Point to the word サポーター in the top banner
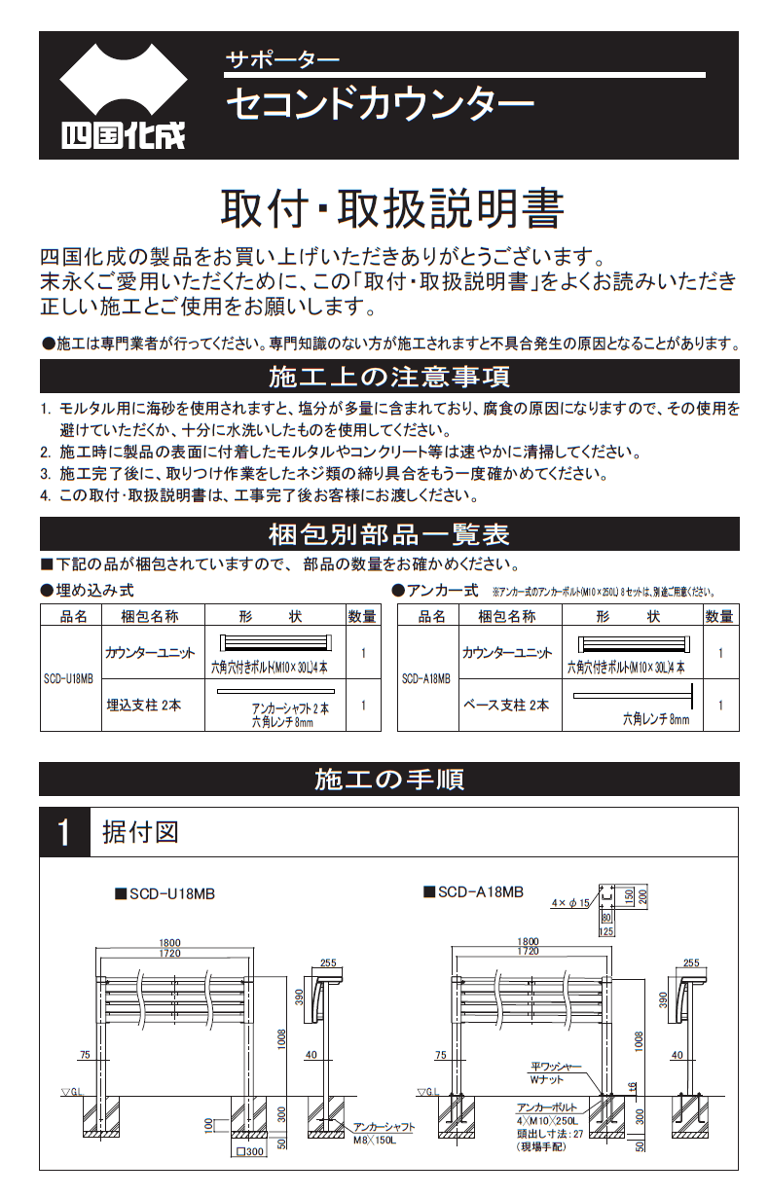(x=282, y=58)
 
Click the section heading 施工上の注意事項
(x=388, y=376)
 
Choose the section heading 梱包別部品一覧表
(x=388, y=534)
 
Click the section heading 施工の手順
(x=388, y=779)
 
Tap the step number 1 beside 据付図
(x=64, y=833)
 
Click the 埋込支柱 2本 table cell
(x=143, y=705)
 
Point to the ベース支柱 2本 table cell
(x=505, y=705)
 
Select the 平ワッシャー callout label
(x=556, y=1067)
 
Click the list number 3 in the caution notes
(x=45, y=474)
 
